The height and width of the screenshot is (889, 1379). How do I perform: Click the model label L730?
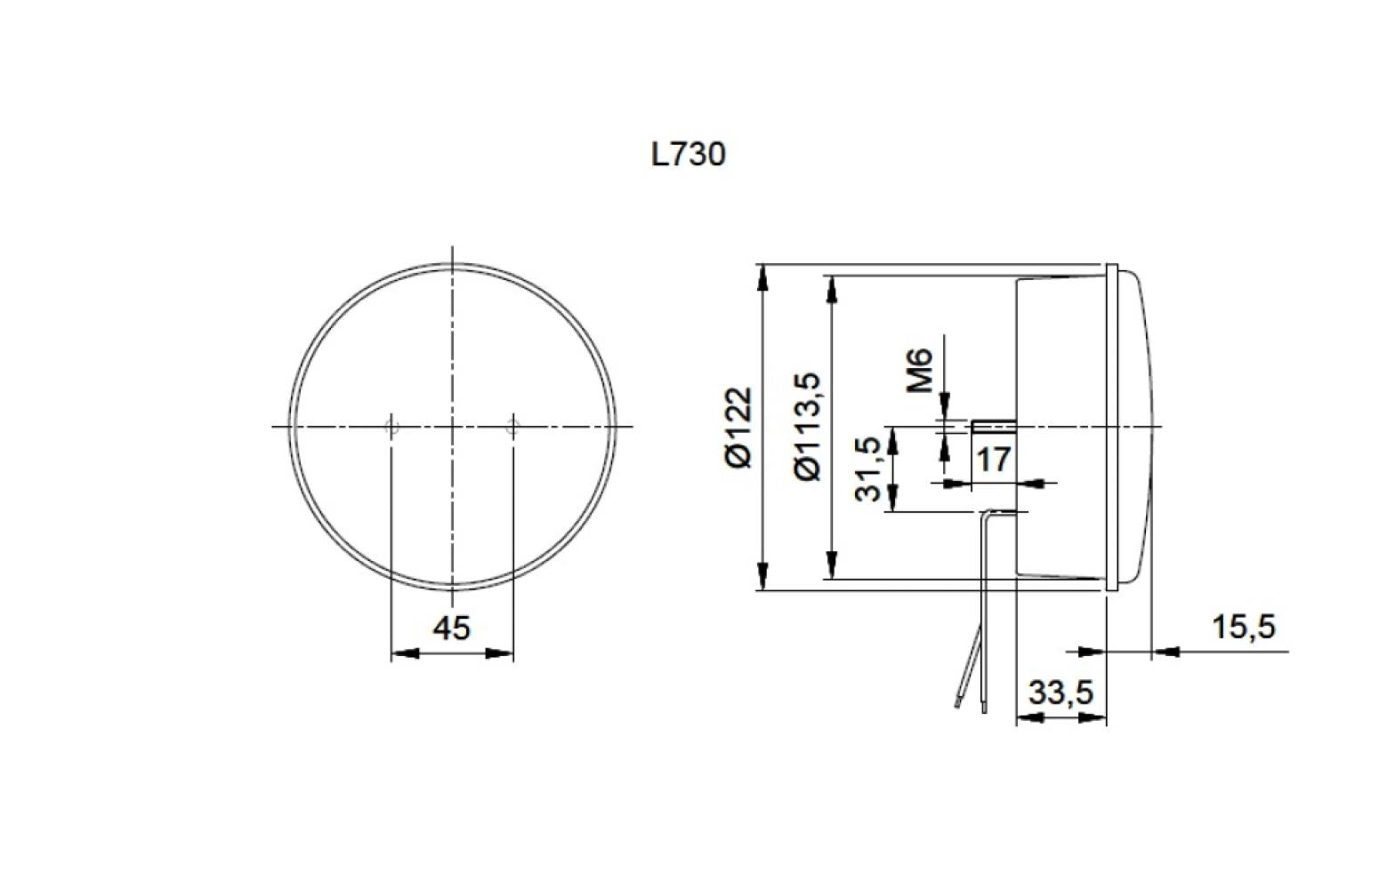(x=688, y=155)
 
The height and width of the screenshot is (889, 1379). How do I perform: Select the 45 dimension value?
(x=451, y=629)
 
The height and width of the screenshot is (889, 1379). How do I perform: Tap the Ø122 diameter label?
(x=738, y=427)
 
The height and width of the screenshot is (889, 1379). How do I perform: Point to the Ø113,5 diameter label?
(x=808, y=427)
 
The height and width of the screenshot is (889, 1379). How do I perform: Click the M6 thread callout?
(x=921, y=370)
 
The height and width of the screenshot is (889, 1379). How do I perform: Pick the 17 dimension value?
(x=993, y=460)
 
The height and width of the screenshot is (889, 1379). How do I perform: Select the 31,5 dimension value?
(x=871, y=469)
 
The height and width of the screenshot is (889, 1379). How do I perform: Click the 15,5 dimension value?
(x=1243, y=628)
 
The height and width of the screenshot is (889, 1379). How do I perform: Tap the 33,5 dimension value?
(x=1060, y=693)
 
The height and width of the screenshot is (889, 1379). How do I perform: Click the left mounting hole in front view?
(x=391, y=428)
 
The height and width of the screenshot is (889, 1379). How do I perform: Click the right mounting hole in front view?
(x=512, y=428)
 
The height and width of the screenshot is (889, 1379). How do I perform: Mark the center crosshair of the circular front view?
(x=453, y=428)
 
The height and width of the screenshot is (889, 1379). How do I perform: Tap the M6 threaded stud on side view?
(x=993, y=426)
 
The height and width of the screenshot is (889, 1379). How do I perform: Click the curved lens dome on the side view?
(x=1143, y=427)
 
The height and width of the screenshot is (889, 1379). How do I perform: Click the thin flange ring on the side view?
(x=1111, y=427)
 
